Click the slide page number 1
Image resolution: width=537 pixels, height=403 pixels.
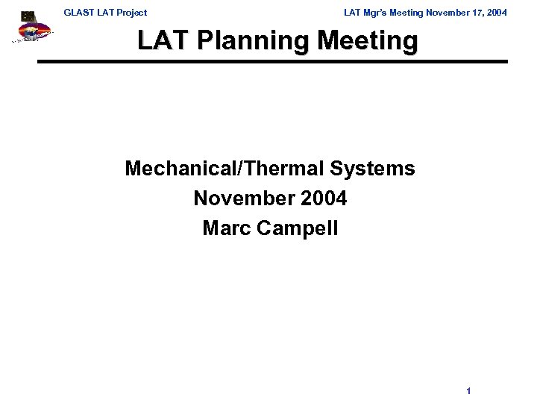(468, 390)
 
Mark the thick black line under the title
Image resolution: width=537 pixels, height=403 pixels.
(272, 61)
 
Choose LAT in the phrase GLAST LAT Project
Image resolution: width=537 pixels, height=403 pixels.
(105, 13)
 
